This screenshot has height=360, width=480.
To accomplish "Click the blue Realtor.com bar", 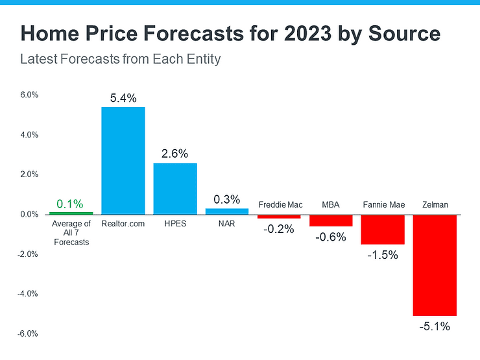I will (x=123, y=160).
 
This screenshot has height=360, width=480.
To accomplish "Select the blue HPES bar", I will (x=174, y=188).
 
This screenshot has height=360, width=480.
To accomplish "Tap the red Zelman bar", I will (x=435, y=265).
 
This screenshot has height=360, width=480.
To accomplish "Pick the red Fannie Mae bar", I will (x=383, y=229).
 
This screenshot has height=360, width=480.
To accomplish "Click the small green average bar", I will (x=71, y=213).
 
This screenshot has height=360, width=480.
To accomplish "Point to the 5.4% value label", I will (x=123, y=99).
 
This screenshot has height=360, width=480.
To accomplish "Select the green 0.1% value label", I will (x=71, y=204).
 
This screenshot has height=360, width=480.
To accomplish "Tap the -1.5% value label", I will (x=383, y=255).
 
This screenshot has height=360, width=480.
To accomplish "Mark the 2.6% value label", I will (x=174, y=154).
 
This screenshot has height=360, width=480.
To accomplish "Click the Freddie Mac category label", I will (x=279, y=205).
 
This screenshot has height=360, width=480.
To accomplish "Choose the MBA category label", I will (x=331, y=205).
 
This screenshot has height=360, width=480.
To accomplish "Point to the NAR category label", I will (x=226, y=224).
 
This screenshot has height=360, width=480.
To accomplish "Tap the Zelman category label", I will (x=434, y=205).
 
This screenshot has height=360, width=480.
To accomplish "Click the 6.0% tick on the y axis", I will (x=29, y=95).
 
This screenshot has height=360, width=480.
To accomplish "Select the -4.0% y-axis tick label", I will (x=28, y=294).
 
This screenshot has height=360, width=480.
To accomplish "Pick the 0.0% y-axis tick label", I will (x=29, y=214).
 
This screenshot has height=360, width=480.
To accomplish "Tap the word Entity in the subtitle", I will (x=201, y=60).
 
